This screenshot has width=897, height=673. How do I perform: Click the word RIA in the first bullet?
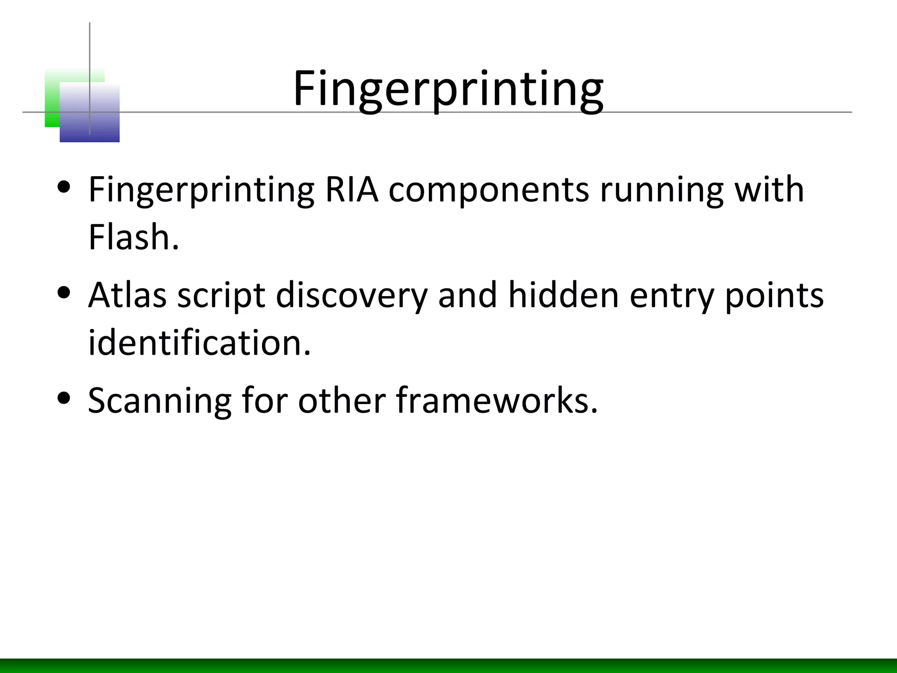[x=352, y=190]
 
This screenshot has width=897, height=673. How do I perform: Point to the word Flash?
[x=134, y=237]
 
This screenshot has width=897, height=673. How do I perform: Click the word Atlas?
[x=127, y=295]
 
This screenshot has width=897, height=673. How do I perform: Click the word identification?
[x=199, y=342]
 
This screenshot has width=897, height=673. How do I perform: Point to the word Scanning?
[x=159, y=401]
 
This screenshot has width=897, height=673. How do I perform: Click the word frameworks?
[x=497, y=400]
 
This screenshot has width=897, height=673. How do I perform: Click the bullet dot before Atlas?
[x=64, y=292]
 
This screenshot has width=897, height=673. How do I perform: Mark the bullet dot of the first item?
[x=64, y=187]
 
